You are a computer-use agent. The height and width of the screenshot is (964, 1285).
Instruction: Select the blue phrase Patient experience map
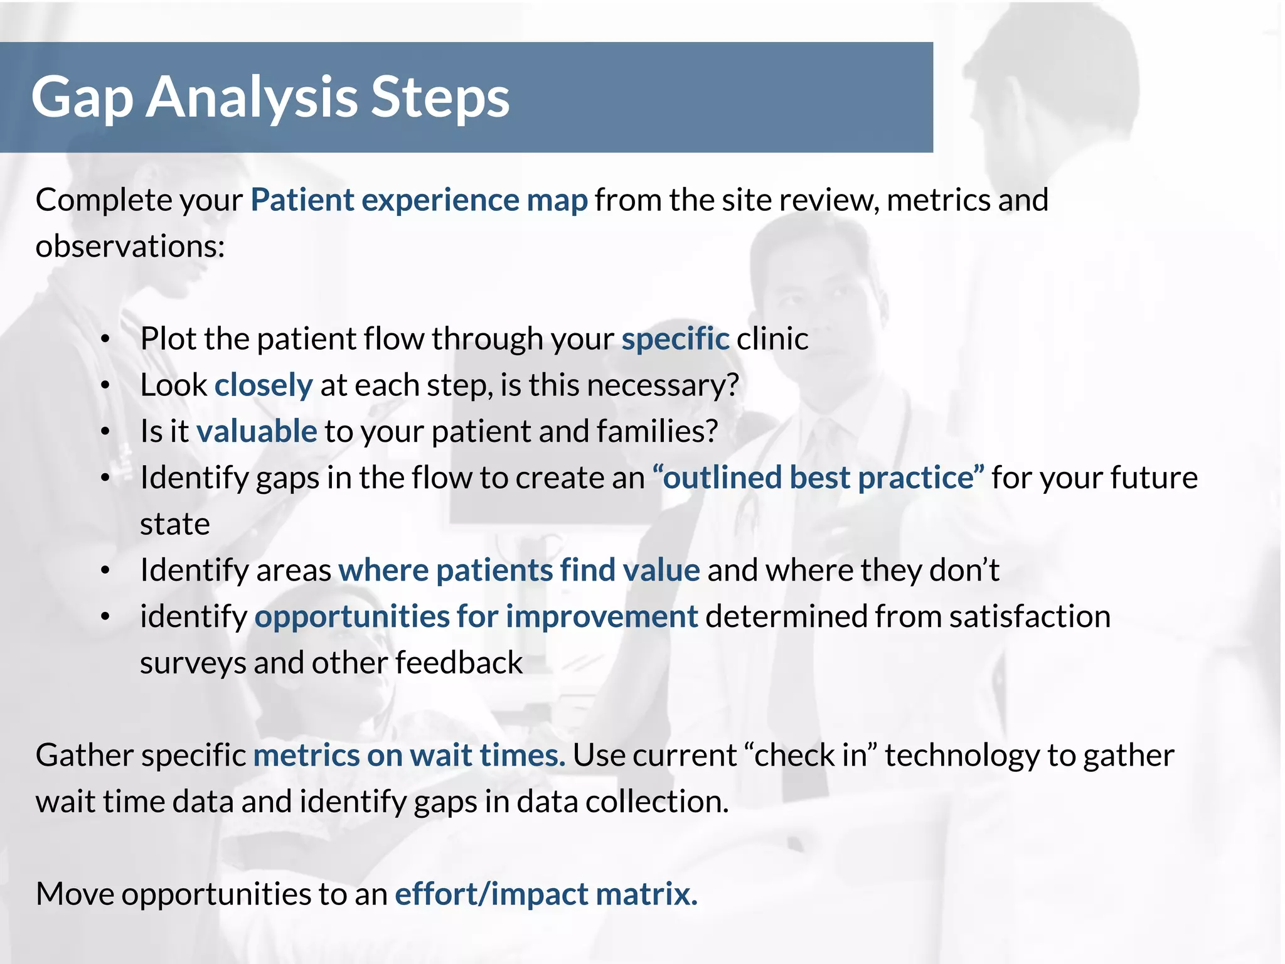point(419,200)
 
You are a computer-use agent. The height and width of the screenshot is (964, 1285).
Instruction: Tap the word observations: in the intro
point(130,246)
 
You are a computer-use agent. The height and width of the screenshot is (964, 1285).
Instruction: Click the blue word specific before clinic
point(675,339)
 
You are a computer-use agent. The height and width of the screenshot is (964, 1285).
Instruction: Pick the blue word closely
point(264,385)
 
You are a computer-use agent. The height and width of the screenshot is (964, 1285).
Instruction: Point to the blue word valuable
point(257,432)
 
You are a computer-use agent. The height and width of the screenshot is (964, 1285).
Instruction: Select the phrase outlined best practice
point(818,478)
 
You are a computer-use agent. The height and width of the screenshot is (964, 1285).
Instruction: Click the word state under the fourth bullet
point(174,524)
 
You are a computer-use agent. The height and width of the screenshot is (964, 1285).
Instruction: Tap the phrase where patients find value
point(519,570)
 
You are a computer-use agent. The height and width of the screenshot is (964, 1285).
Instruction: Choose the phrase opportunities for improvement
point(476,616)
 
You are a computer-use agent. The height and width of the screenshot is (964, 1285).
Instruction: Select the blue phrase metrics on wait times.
point(409,755)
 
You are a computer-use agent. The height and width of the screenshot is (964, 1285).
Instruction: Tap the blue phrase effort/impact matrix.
point(546,894)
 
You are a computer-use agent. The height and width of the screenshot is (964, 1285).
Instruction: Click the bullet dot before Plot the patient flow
point(105,340)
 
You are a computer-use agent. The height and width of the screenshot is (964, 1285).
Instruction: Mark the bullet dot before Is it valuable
point(105,432)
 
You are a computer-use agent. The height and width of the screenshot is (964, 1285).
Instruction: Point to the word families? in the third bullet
point(656,432)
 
